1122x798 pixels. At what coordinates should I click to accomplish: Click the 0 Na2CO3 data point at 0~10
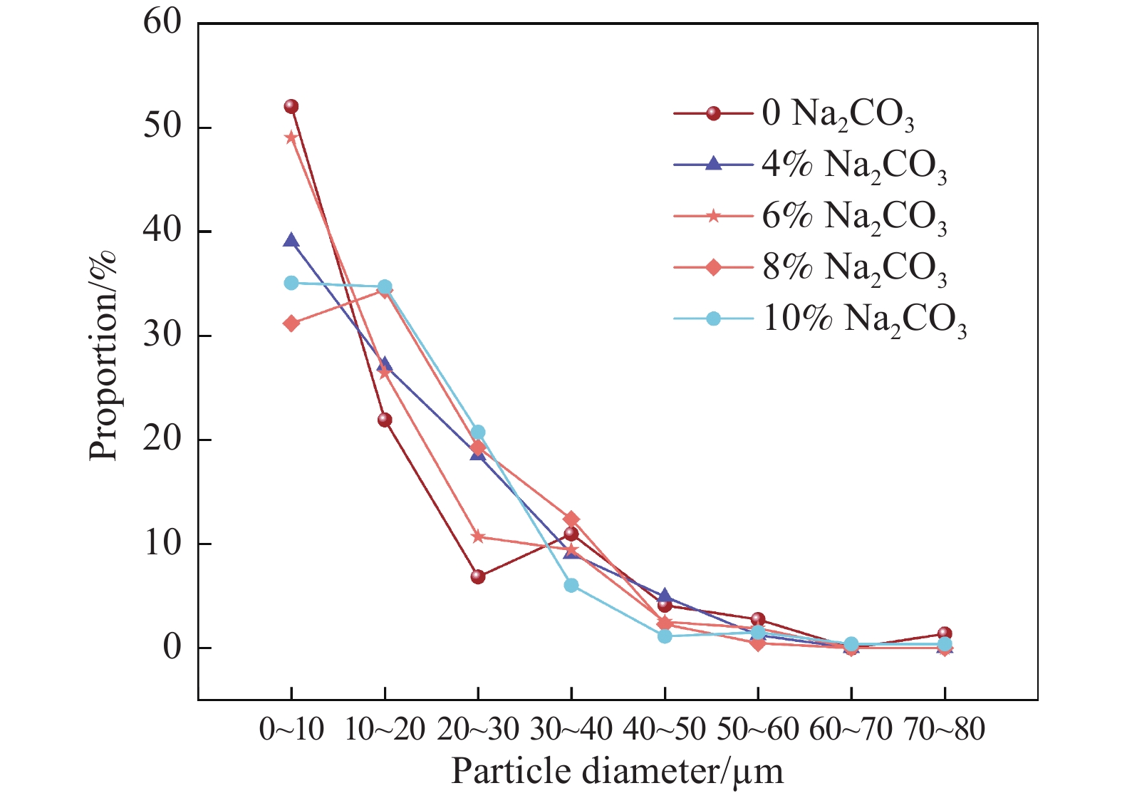tap(291, 107)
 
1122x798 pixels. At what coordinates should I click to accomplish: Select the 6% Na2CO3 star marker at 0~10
tap(291, 138)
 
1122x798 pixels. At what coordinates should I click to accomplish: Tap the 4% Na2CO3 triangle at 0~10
tap(291, 240)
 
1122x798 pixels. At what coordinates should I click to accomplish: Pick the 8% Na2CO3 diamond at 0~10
tap(291, 323)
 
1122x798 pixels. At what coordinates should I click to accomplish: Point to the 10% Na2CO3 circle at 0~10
tap(291, 283)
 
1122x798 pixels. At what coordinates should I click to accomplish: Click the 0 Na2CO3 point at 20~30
tap(478, 576)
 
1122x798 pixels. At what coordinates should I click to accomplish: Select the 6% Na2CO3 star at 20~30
tap(478, 537)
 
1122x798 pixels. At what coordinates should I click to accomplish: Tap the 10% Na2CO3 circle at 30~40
tap(571, 585)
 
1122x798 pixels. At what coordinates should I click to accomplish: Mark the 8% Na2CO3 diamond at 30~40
tap(571, 519)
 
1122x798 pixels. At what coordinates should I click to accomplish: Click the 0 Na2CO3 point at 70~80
tap(945, 633)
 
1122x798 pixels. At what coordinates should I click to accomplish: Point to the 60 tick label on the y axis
tap(162, 23)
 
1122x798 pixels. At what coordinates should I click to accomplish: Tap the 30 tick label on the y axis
tap(162, 336)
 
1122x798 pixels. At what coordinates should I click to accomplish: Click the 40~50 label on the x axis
tap(664, 728)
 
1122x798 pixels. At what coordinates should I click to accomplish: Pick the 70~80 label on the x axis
tap(945, 728)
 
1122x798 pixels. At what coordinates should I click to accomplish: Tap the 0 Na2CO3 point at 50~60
tap(758, 619)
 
